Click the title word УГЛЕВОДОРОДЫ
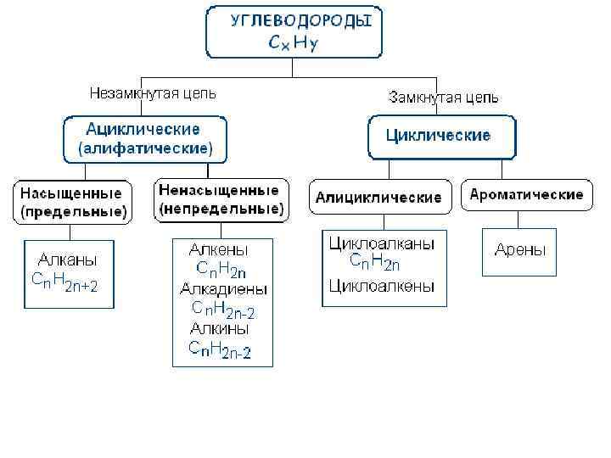(x=300, y=20)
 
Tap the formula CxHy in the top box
(x=294, y=43)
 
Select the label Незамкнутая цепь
(x=154, y=93)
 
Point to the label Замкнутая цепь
(x=444, y=97)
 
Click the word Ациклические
(x=143, y=129)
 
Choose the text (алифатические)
(x=145, y=148)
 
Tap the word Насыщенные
(x=72, y=193)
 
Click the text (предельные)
(x=72, y=210)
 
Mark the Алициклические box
(x=378, y=197)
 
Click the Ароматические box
(x=526, y=194)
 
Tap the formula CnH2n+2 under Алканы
(x=65, y=282)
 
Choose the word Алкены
(x=219, y=249)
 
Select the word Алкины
(x=220, y=327)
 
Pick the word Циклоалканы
(x=382, y=243)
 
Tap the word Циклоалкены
(x=382, y=286)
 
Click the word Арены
(x=520, y=249)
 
